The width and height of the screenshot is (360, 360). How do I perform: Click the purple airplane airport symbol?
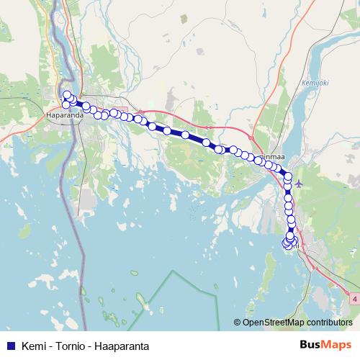300,184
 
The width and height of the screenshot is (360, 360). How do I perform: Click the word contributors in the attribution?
327,323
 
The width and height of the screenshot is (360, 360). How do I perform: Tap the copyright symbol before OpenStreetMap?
238,323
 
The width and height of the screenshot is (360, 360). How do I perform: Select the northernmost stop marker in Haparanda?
67,95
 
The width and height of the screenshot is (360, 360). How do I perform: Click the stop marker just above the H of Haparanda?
66,105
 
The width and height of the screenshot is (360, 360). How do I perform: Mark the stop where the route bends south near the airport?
287,175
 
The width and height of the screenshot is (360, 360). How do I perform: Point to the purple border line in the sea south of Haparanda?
81,238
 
